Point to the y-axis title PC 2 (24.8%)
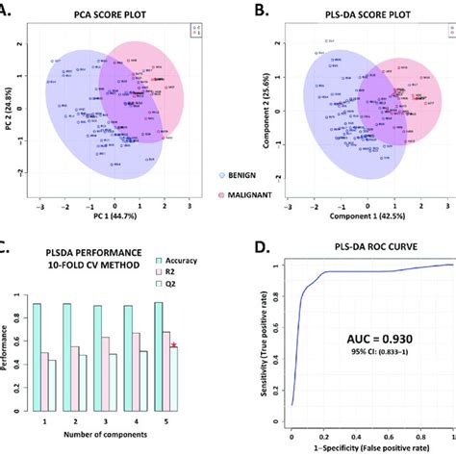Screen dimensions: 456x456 click(8, 114)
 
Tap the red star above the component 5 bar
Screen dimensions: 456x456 click(173, 345)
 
